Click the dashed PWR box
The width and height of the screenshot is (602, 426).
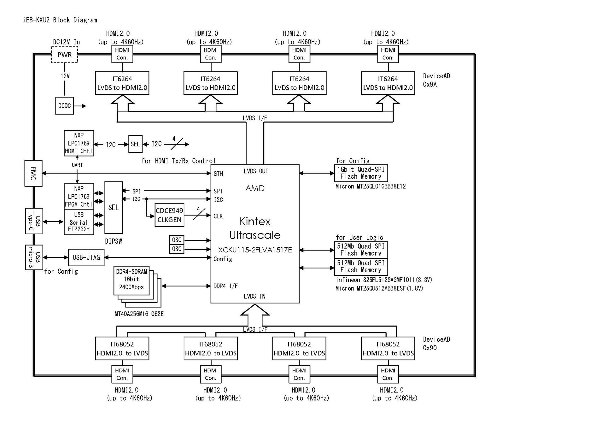(64, 55)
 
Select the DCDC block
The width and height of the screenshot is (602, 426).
(64, 106)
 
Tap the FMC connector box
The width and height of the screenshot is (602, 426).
(33, 173)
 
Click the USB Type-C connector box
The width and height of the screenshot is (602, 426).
(34, 221)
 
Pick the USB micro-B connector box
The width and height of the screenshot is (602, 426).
(34, 257)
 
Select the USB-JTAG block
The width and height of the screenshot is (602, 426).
(86, 257)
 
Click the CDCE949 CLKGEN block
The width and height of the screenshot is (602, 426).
(169, 215)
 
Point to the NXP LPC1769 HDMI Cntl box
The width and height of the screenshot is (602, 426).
(79, 143)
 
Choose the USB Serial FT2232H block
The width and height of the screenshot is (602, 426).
(79, 222)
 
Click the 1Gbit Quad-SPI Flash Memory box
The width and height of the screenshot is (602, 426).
(361, 173)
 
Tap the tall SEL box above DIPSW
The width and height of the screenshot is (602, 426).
(114, 207)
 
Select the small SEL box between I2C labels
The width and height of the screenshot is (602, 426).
(135, 144)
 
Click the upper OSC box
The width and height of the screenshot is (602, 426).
(177, 240)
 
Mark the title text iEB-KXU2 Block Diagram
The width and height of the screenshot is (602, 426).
(60, 20)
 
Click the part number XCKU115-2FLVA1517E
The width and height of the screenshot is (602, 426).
(255, 250)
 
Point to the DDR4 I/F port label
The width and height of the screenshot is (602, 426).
(225, 286)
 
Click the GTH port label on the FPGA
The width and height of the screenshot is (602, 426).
(218, 174)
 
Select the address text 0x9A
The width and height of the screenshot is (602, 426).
(430, 85)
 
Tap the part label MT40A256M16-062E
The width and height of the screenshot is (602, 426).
(139, 314)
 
